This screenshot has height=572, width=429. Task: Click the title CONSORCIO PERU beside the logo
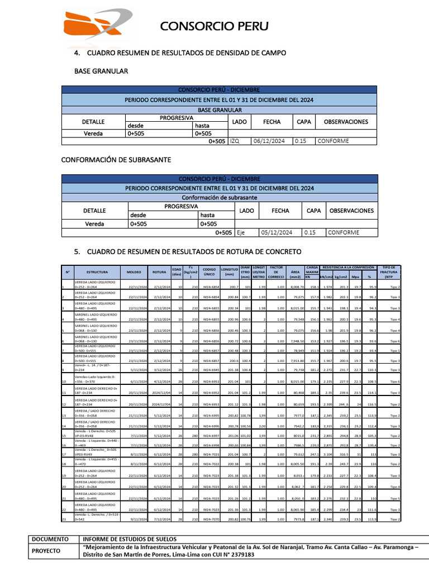(x=214, y=26)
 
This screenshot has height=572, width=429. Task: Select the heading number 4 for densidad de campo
(x=78, y=53)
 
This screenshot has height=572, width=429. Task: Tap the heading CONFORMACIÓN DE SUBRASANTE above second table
(x=122, y=160)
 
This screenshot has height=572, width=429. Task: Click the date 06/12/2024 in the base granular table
(x=271, y=141)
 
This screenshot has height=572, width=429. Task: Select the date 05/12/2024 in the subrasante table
(x=274, y=232)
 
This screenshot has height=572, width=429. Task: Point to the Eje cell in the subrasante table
(x=241, y=232)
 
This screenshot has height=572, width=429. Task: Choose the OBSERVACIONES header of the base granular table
(x=346, y=121)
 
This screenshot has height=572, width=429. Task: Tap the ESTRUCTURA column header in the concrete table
(x=97, y=272)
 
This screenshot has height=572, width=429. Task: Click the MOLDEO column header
(x=134, y=272)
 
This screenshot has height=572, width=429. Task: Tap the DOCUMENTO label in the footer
(x=51, y=539)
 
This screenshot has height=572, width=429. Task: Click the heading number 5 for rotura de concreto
(x=78, y=251)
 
